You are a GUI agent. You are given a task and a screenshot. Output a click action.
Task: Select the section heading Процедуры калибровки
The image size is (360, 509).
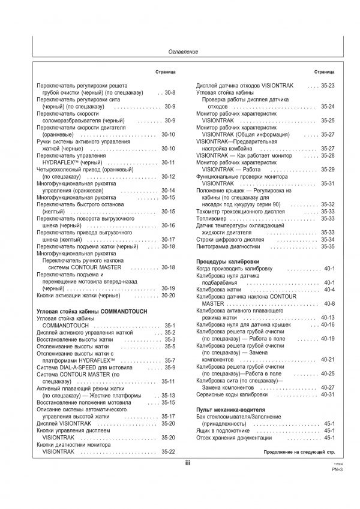(x=227, y=262)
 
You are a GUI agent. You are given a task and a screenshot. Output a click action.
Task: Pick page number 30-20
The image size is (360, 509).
(x=168, y=296)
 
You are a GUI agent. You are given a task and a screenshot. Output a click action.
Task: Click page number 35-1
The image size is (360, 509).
(x=169, y=326)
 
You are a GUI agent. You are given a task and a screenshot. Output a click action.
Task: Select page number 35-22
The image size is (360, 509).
(x=168, y=451)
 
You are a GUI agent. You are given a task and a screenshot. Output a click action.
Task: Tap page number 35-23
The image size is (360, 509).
(x=328, y=86)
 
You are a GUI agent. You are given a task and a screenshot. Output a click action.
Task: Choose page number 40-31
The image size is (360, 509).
(x=328, y=394)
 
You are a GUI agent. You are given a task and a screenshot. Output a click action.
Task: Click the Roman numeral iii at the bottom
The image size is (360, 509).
(x=187, y=463)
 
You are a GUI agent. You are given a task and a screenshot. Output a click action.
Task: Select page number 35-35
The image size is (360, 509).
(x=328, y=246)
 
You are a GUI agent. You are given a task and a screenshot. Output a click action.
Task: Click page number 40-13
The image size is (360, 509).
(x=328, y=317)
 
